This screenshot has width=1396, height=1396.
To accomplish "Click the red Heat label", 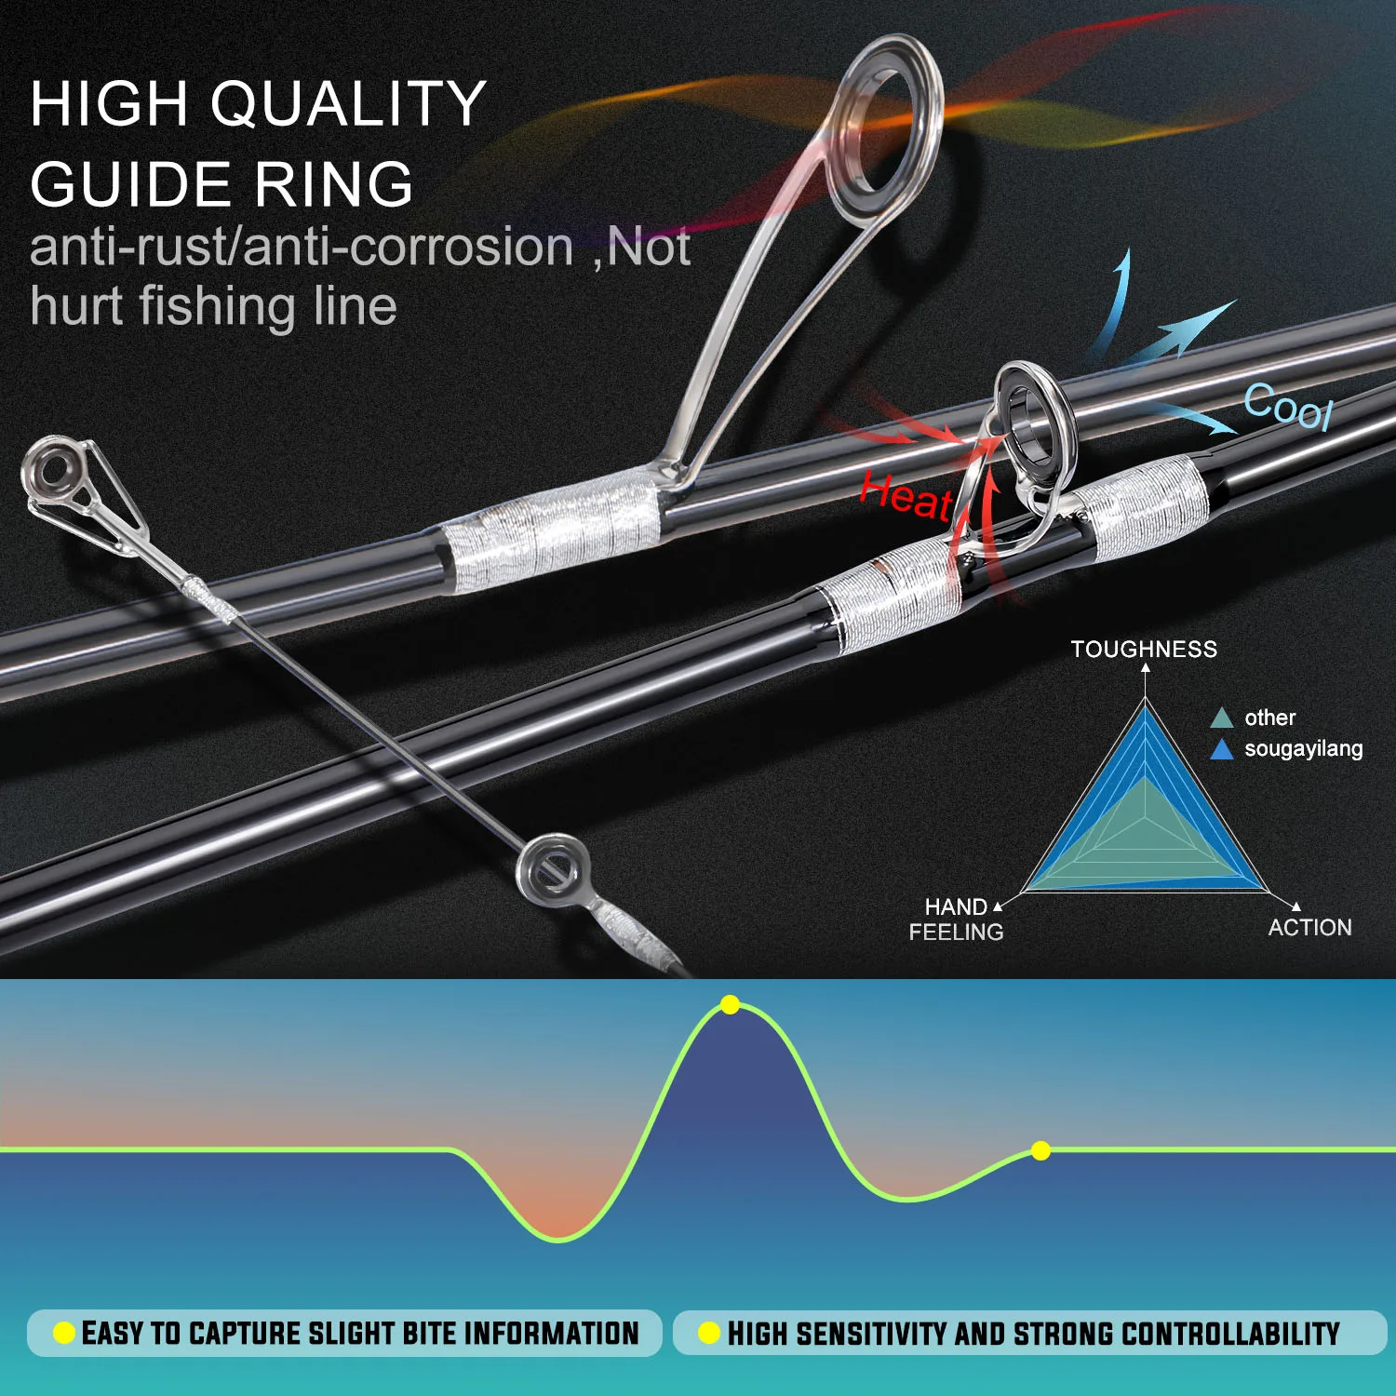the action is tap(906, 496).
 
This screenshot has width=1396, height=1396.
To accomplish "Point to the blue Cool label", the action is tap(1289, 407).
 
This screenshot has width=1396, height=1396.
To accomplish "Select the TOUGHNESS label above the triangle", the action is tap(1144, 649).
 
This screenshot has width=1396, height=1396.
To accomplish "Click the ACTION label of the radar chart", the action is tap(1309, 927).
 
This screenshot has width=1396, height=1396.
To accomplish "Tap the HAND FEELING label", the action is tap(956, 919).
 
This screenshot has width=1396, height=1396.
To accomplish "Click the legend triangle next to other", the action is tap(1221, 718).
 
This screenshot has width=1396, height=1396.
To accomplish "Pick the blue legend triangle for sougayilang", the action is tap(1221, 749).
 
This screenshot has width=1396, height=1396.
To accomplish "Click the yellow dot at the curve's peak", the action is tap(731, 1005).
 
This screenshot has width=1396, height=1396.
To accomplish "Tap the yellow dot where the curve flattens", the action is tap(1041, 1151).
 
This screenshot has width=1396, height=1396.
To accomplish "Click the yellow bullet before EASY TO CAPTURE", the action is tap(64, 1333).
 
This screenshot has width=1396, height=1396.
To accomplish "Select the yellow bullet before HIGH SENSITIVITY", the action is tap(709, 1333).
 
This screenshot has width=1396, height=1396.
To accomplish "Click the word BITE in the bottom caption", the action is tap(430, 1333).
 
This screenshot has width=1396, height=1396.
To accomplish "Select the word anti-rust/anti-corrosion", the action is tap(302, 247).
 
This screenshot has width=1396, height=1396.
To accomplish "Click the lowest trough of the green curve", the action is tap(558, 1239).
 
